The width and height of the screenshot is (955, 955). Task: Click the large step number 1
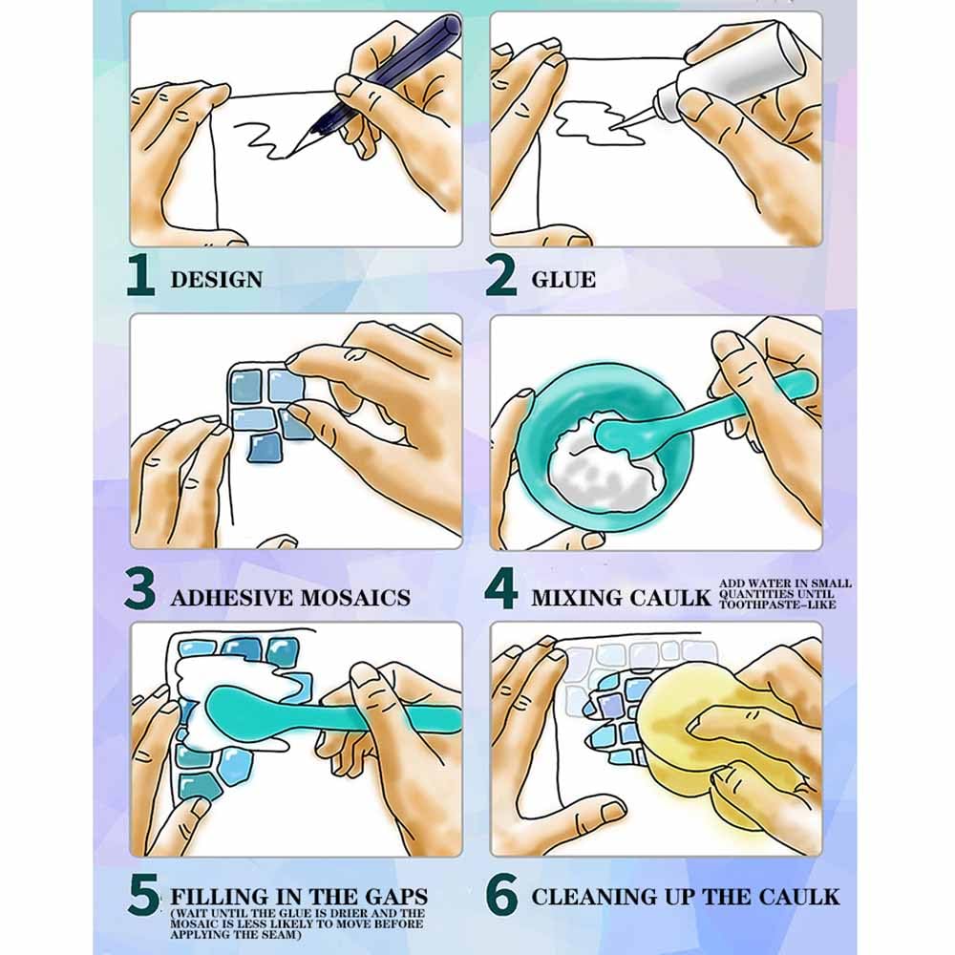click(x=141, y=275)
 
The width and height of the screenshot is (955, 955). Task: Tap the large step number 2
click(x=500, y=275)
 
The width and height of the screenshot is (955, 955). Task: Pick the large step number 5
click(x=144, y=895)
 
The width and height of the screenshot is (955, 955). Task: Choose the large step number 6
click(x=502, y=895)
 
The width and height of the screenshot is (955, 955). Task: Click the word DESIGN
click(x=217, y=280)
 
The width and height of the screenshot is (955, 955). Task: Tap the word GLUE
click(x=563, y=280)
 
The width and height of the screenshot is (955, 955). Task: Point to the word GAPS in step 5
click(x=396, y=897)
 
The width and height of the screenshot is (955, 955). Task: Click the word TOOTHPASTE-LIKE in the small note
click(x=777, y=605)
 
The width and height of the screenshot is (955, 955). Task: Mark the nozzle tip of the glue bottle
click(x=611, y=129)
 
